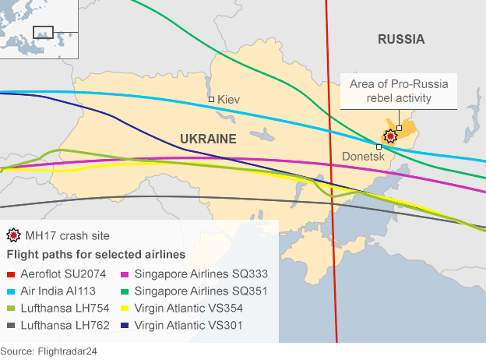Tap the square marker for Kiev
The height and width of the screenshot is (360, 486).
click(211, 100)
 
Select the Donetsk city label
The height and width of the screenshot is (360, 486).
click(364, 157)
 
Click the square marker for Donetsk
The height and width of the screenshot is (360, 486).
click(379, 146)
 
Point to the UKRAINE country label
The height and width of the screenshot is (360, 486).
click(208, 139)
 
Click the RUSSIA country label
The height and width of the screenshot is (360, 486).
click(400, 40)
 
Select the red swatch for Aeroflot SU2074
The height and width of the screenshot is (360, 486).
click(10, 274)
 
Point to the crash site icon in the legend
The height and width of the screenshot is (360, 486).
click(12, 235)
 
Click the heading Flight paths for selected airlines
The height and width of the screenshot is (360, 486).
click(96, 255)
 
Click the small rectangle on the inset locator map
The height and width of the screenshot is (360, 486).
click(43, 33)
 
